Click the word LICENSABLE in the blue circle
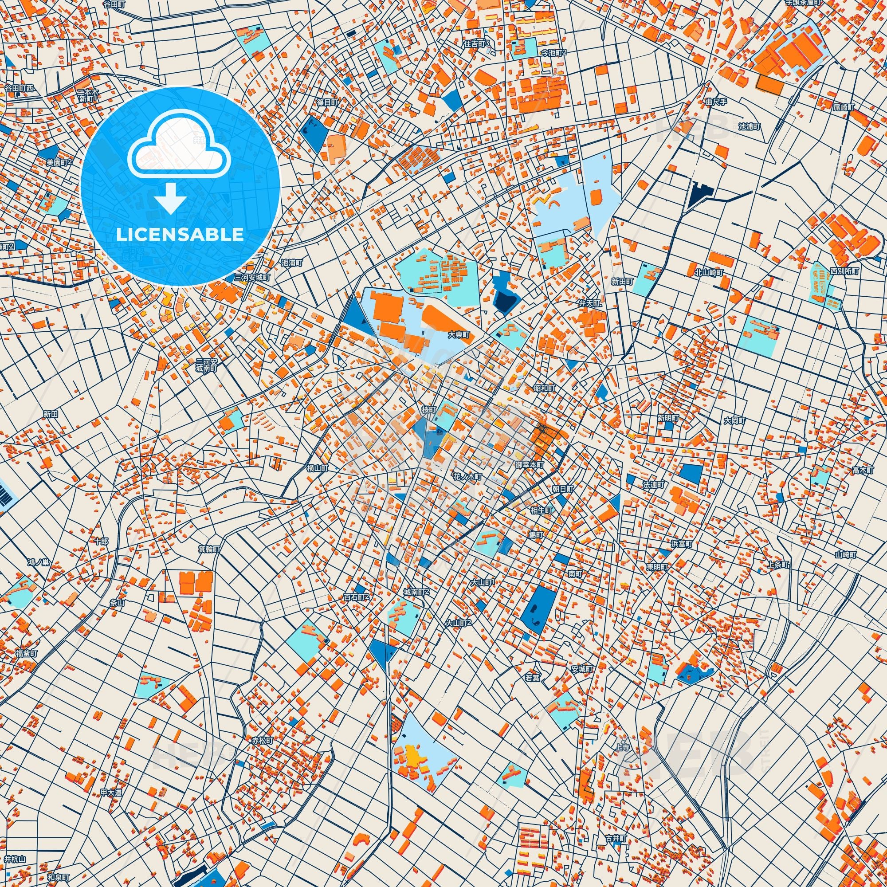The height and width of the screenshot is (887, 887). point(180,235)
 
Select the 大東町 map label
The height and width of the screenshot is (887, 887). point(459,335)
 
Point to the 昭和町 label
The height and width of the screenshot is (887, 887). point(544,389)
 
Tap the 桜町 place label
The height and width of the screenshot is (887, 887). point(429,409)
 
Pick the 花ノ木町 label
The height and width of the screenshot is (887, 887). point(467,477)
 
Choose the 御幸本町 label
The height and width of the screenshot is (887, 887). point(530,465)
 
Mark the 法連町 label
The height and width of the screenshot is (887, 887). point(653,485)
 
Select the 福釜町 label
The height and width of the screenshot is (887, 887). point(26,653)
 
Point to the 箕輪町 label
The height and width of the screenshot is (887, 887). point(209,549)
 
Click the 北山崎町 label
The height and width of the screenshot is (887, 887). point(709,272)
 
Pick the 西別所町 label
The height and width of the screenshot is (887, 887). point(844,271)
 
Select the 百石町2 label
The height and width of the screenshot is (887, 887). point(356,597)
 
